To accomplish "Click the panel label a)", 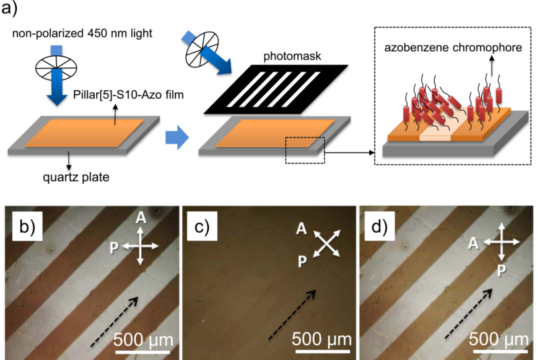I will click(15, 11).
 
